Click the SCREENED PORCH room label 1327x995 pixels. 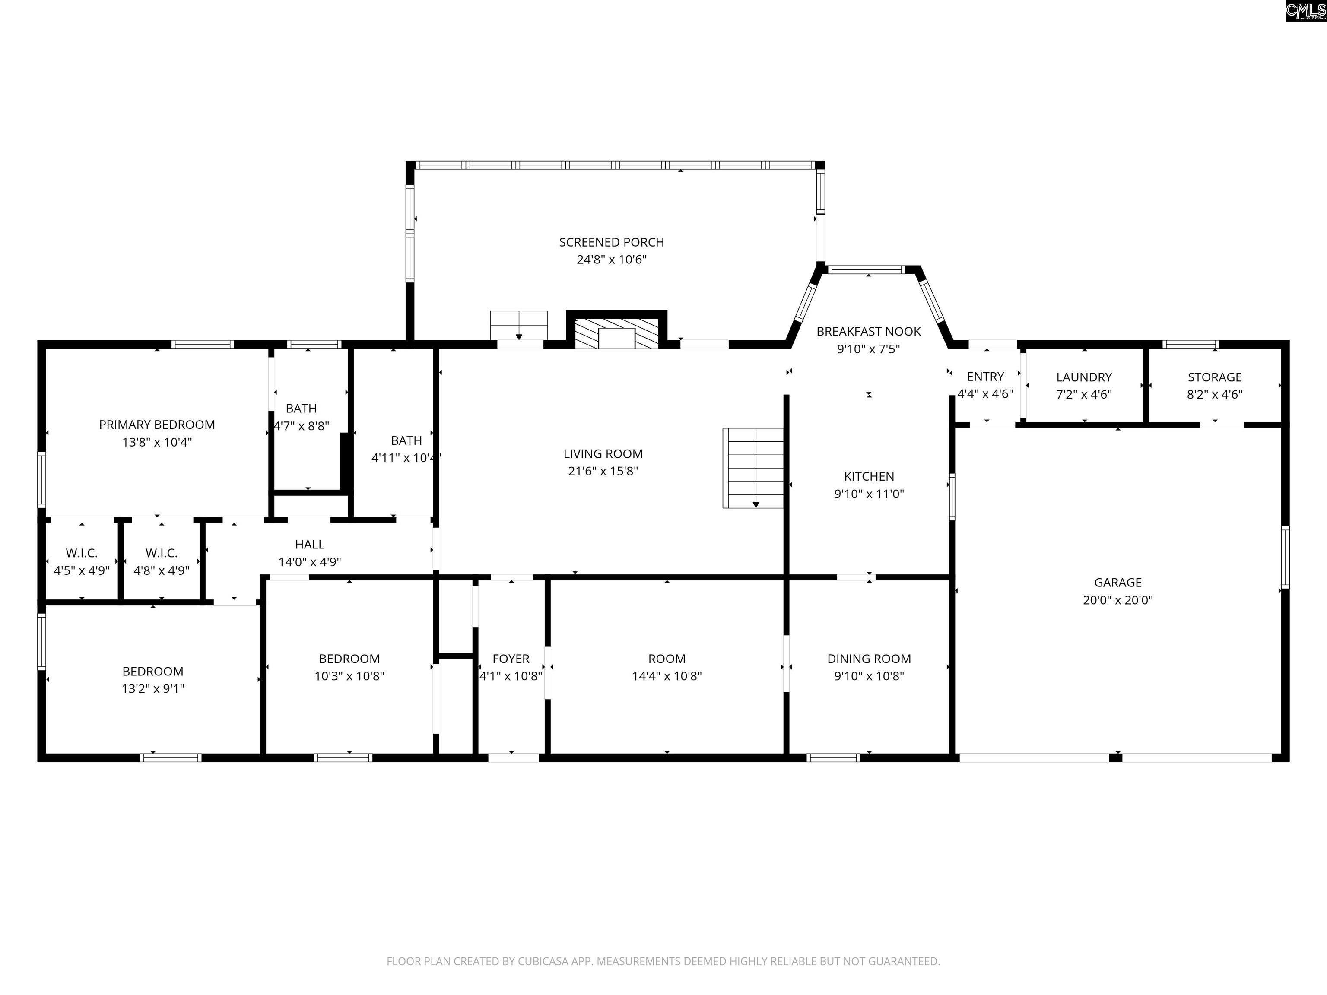tap(611, 242)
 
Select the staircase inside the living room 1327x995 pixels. tap(753, 468)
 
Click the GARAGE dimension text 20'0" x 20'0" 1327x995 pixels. tap(1117, 600)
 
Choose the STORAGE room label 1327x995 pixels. tap(1214, 377)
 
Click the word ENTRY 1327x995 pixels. tap(985, 377)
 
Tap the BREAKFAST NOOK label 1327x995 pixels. tap(868, 332)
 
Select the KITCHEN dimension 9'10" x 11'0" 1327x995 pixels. tap(869, 494)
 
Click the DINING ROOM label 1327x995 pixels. tap(869, 659)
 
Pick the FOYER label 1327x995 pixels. tap(511, 659)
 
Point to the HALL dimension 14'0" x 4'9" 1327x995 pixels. tap(310, 562)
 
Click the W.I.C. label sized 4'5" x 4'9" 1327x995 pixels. tap(82, 553)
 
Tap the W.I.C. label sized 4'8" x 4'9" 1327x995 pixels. tap(162, 553)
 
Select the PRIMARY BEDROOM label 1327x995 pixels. tap(156, 425)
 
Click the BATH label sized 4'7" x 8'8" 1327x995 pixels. tap(301, 409)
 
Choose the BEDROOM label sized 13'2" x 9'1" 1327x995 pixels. tap(152, 671)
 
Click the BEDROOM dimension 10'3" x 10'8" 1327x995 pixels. tap(349, 676)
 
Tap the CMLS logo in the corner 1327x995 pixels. tap(1305, 11)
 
